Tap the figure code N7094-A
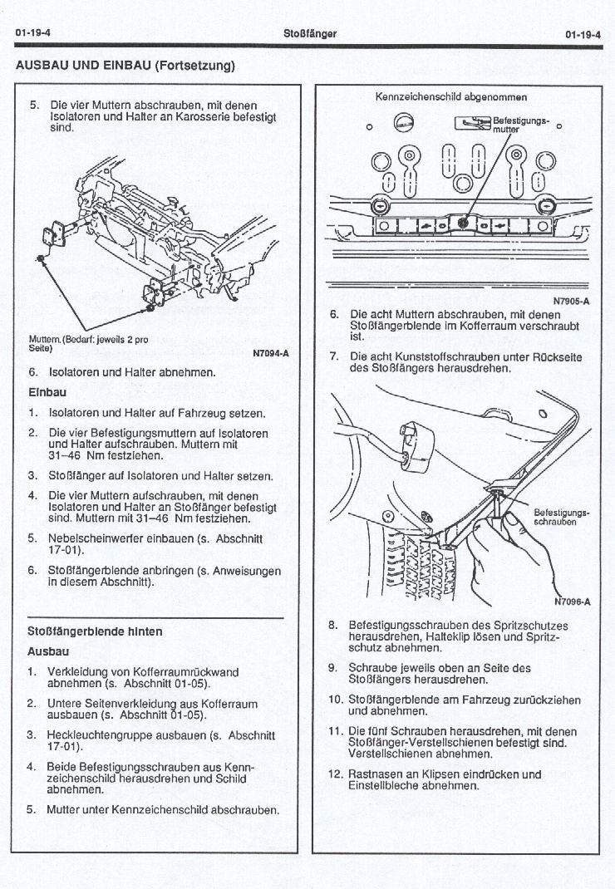pyautogui.click(x=270, y=353)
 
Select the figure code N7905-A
pyautogui.click(x=571, y=302)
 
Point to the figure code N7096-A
pyautogui.click(x=571, y=603)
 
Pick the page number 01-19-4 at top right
pyautogui.click(x=583, y=34)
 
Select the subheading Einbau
pyautogui.click(x=47, y=391)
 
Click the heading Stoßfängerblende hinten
pyautogui.click(x=95, y=631)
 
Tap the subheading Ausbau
pyautogui.click(x=48, y=651)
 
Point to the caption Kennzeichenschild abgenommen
pyautogui.click(x=451, y=97)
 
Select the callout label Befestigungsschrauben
pyautogui.click(x=562, y=517)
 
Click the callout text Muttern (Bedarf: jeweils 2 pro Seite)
pyautogui.click(x=88, y=344)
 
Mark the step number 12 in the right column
pyautogui.click(x=335, y=774)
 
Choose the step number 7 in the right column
pyautogui.click(x=334, y=356)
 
